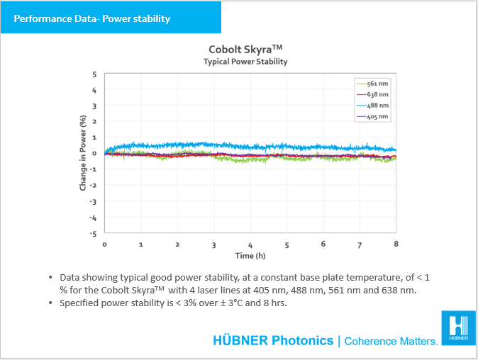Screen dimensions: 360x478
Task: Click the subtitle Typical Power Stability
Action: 245,62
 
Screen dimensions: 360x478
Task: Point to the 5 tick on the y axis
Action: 94,74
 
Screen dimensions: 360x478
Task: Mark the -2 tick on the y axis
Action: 93,185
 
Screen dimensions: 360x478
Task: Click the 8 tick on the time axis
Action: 396,244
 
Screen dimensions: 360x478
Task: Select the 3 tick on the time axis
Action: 213,244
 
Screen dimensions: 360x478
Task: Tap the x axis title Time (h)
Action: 250,255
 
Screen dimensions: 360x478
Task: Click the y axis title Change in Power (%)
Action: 83,153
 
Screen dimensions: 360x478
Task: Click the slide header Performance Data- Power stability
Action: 92,18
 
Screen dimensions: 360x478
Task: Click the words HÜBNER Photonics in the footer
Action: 273,341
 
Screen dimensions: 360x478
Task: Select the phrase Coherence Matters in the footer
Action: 391,342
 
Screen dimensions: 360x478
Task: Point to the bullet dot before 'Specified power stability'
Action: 50,303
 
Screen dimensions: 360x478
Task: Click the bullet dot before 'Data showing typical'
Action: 50,277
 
